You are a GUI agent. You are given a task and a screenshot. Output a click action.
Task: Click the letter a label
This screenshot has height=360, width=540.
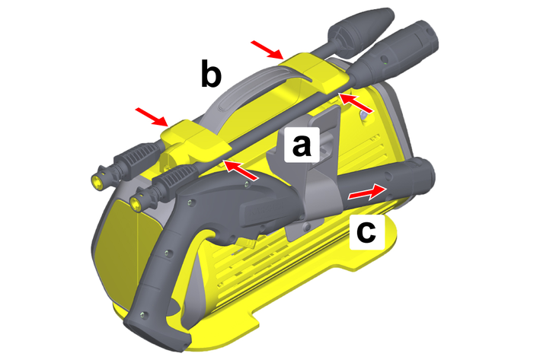(x=302, y=145)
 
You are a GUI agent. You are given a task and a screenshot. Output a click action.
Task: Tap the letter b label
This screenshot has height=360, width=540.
(x=211, y=73)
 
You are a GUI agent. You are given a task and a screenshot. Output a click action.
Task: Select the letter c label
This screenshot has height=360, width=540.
(x=366, y=232)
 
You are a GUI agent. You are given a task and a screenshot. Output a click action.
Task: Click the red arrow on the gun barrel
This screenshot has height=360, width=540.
(x=367, y=193)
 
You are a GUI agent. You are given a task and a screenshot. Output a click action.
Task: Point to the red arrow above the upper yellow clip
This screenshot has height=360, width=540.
(x=267, y=50)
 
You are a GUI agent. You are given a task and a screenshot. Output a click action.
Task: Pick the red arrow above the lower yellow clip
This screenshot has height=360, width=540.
(x=152, y=117)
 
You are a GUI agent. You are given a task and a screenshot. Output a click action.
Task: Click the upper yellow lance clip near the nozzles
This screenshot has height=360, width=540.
(x=315, y=73)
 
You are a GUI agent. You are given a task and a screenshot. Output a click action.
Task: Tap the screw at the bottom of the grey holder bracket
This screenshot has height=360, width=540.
(x=306, y=225)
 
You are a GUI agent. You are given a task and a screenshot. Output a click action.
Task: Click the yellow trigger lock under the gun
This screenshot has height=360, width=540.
(x=245, y=243)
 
